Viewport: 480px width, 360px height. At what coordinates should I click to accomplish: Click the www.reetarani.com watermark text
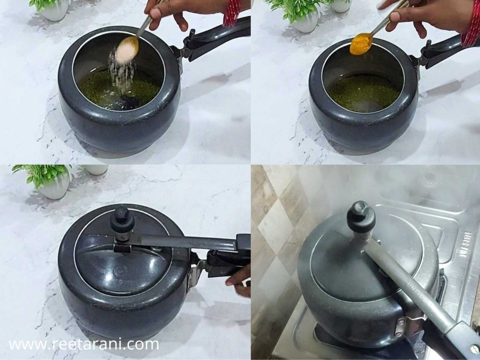pyautogui.click(x=84, y=345)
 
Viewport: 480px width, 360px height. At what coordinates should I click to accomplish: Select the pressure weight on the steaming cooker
pyautogui.click(x=361, y=216)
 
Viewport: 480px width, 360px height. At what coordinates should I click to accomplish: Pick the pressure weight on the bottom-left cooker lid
pyautogui.click(x=122, y=220)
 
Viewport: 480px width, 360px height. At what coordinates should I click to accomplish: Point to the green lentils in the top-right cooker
pyautogui.click(x=364, y=92)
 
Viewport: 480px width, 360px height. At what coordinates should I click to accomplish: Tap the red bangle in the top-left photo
pyautogui.click(x=232, y=12)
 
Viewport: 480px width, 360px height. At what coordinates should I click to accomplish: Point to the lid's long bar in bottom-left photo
pyautogui.click(x=187, y=242)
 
